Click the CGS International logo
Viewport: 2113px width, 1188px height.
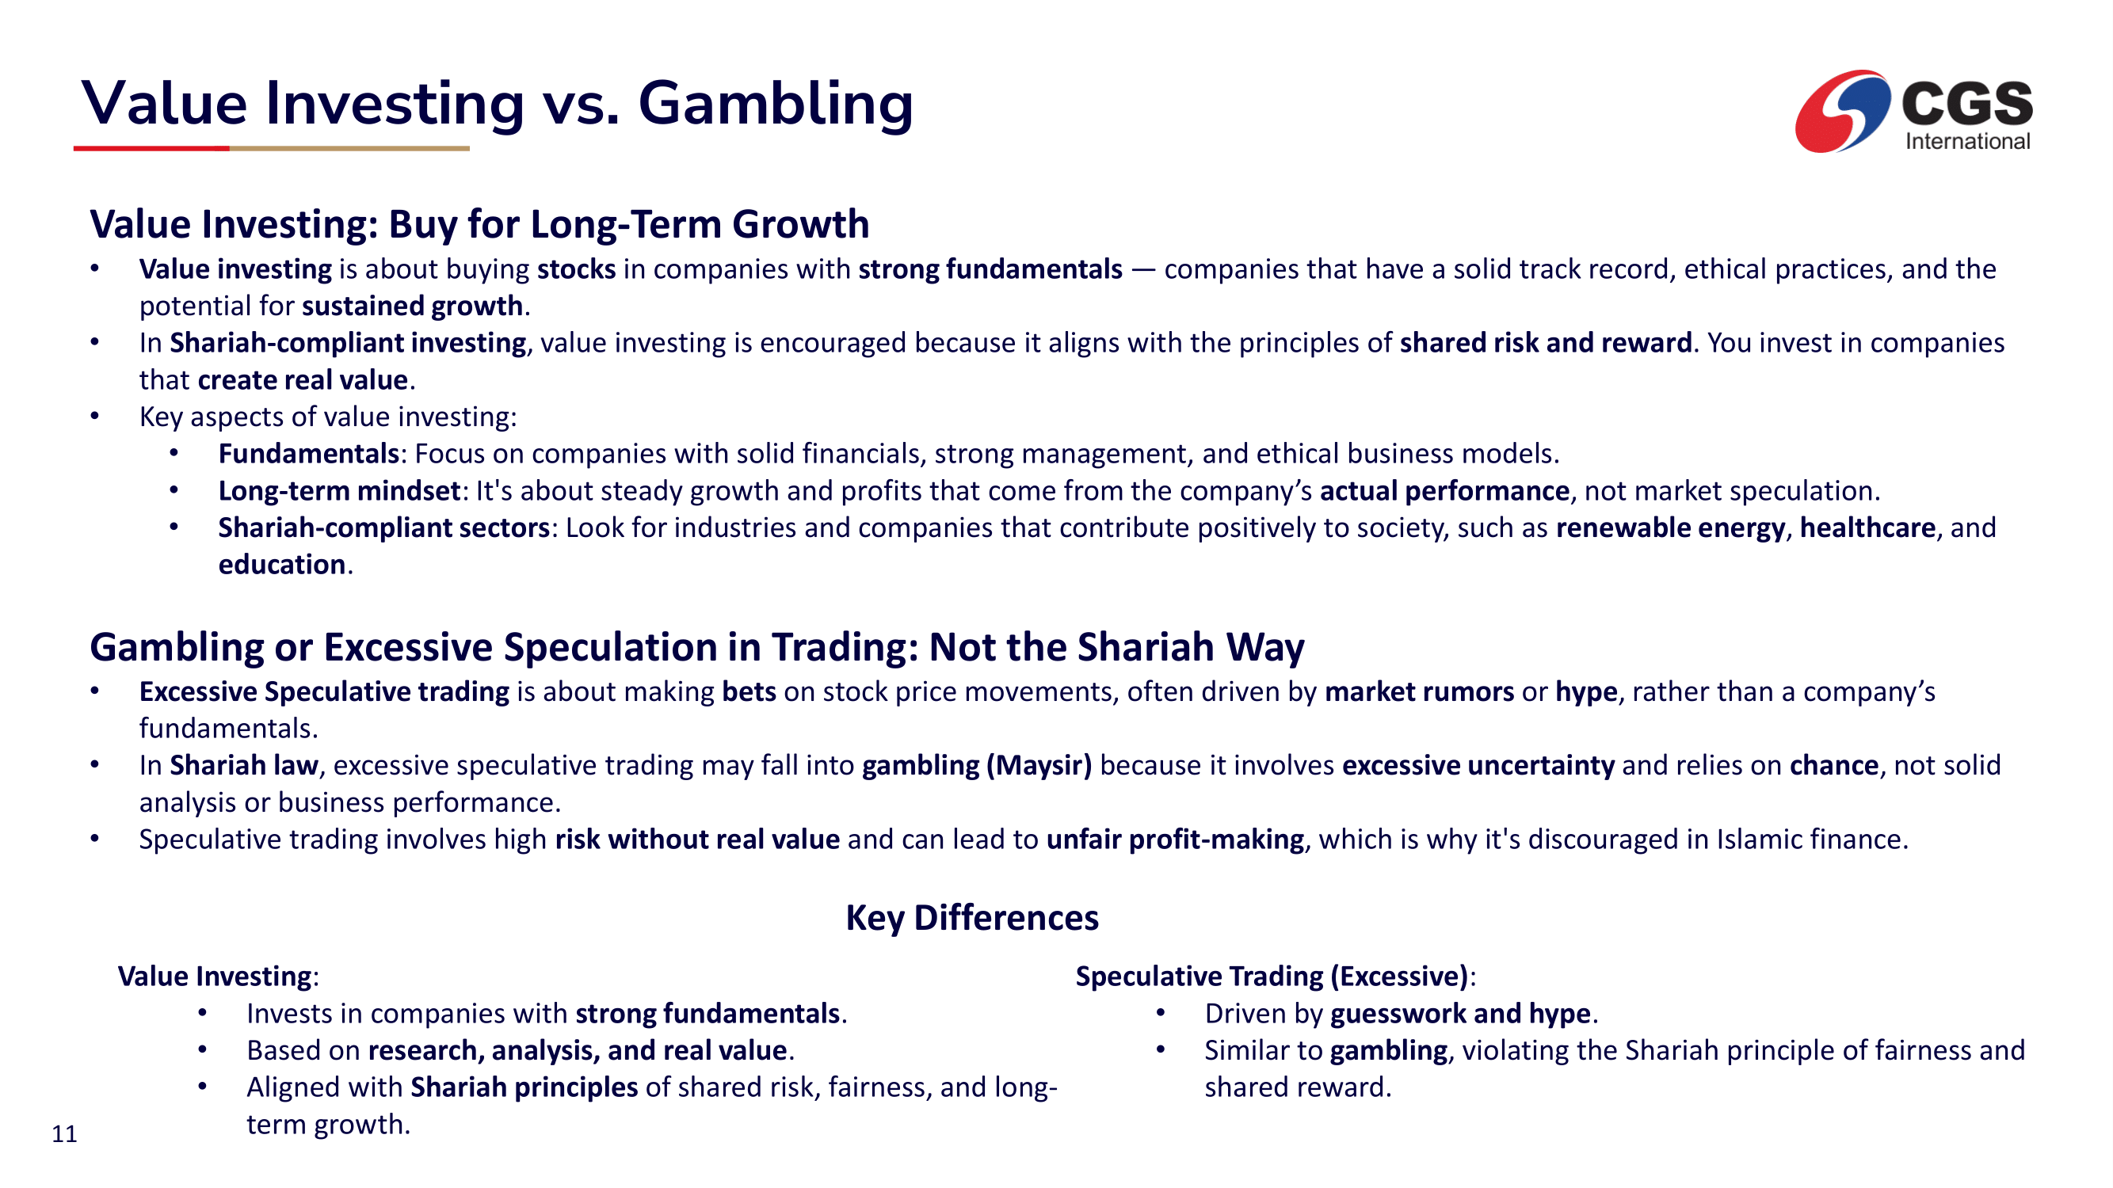pos(1913,112)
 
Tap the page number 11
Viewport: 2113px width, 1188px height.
pos(64,1134)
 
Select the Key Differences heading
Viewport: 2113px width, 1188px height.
pos(972,917)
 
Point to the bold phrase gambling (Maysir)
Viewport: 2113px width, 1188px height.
pos(977,766)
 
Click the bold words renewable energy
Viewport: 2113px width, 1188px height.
pos(1670,527)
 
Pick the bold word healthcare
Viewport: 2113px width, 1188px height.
pos(1867,527)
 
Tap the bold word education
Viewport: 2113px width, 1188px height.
pos(281,565)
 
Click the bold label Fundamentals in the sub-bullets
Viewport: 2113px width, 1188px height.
pos(308,453)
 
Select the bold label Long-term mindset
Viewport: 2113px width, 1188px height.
pos(339,491)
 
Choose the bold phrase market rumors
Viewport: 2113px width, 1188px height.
pos(1419,692)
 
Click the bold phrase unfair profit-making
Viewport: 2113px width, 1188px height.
pos(1176,840)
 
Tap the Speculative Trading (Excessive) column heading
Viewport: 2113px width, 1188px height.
pos(1272,977)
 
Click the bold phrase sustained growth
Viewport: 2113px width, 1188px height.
pos(413,306)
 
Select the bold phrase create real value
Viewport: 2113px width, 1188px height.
pos(303,379)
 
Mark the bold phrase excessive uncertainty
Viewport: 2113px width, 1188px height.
pos(1478,766)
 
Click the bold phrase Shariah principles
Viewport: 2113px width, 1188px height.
pos(524,1087)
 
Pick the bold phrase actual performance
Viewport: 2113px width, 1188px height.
pos(1444,491)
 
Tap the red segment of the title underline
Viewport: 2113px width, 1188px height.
pos(152,148)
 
